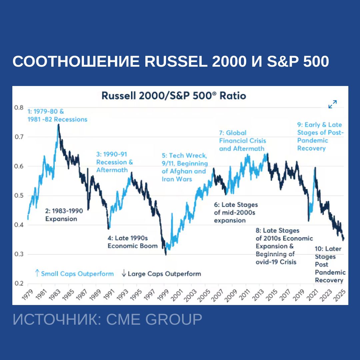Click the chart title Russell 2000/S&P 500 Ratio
tap(173, 96)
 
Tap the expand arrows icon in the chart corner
tap(332, 104)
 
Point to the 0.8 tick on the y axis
tap(19, 108)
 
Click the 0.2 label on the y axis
tap(19, 284)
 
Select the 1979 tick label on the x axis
tap(24, 295)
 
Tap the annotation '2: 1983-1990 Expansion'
tap(63, 215)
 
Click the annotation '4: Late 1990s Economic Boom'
tap(132, 242)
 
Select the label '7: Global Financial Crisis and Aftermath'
tap(242, 141)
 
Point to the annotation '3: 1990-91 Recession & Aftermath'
tap(114, 162)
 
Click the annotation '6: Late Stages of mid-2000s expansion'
tap(236, 212)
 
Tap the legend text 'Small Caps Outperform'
tap(77, 274)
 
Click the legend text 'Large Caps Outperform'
tap(164, 274)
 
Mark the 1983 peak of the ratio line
tap(59, 124)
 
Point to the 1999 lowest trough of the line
tap(166, 255)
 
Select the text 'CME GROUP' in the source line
tap(154, 319)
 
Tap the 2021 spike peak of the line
tap(315, 167)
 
